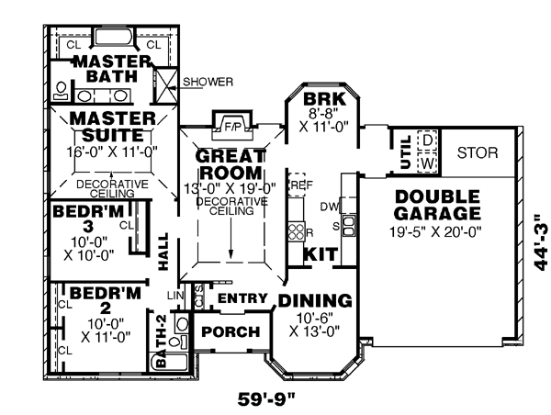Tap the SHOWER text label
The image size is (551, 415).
(207, 81)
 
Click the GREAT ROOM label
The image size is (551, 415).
(230, 163)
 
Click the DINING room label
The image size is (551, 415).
(315, 300)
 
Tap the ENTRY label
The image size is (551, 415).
(242, 298)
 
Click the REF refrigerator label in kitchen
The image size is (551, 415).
(298, 185)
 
